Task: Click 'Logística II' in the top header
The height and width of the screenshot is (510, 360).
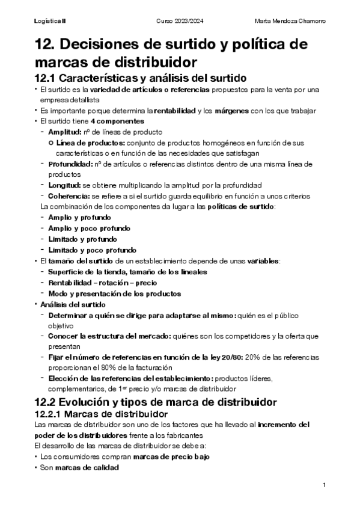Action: pyautogui.click(x=50, y=21)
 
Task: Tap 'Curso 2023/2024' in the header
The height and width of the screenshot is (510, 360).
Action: pyautogui.click(x=180, y=21)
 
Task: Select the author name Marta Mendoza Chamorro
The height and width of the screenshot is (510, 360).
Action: pyautogui.click(x=290, y=21)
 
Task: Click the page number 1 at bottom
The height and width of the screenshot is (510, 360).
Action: pyautogui.click(x=324, y=485)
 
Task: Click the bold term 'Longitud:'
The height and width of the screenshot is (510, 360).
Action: pyautogui.click(x=64, y=185)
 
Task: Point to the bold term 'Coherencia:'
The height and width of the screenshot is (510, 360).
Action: pyautogui.click(x=68, y=196)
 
